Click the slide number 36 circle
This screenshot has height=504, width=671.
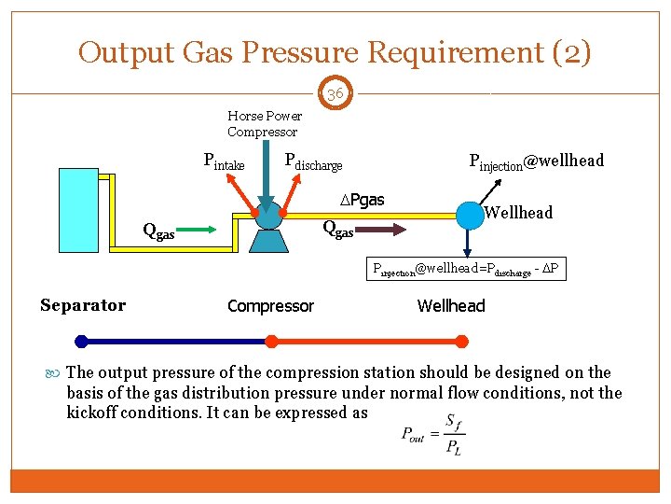335,94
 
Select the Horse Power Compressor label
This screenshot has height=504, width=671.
265,123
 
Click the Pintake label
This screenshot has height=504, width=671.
224,161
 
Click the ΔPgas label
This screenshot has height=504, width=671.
362,200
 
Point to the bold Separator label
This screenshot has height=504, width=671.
83,305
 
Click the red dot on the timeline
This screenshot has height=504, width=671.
271,342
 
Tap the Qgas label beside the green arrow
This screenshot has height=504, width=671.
157,231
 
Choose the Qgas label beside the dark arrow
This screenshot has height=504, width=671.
337,228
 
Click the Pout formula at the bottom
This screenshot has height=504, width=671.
431,434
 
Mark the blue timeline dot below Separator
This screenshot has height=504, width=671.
81,342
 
